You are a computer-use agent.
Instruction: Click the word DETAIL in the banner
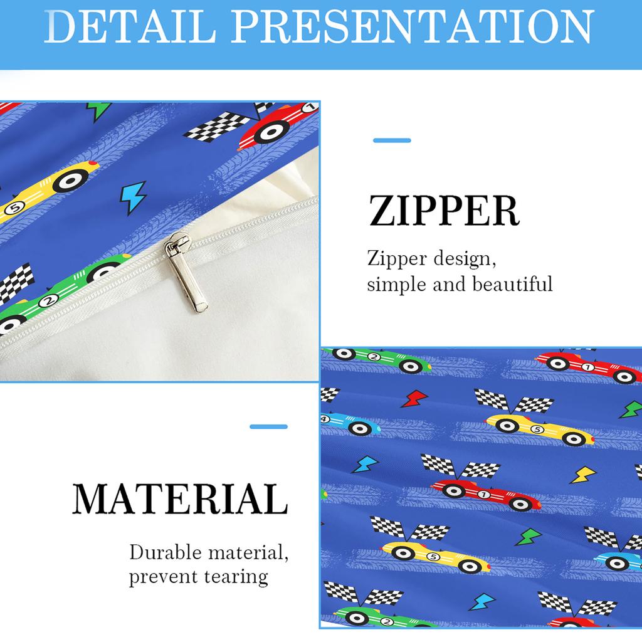coord(130,26)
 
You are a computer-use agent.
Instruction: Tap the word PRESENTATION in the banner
coord(413,26)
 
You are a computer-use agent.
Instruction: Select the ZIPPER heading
coord(445,211)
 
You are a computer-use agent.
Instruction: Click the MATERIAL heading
coord(180,498)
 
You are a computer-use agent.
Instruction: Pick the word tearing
coord(236,577)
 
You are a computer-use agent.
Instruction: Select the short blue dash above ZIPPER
coord(392,140)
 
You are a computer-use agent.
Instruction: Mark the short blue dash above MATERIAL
coord(268,426)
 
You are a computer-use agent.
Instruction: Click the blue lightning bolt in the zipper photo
coord(133,197)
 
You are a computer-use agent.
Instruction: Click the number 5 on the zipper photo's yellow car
coord(14,208)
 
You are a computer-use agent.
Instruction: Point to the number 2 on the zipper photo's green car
coord(48,301)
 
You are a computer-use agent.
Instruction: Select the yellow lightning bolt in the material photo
coord(583,475)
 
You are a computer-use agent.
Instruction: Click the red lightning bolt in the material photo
coord(414,398)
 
